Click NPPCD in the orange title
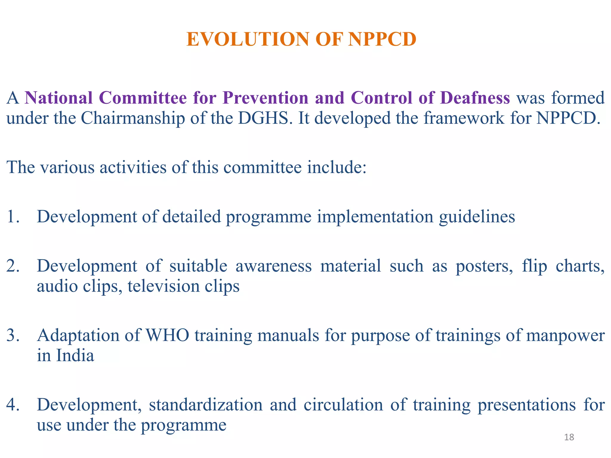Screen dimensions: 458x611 pos(382,39)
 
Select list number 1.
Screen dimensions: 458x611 pos(13,216)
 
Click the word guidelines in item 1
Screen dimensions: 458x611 pos(477,217)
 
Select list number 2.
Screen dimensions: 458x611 pos(13,266)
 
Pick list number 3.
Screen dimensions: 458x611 pos(13,335)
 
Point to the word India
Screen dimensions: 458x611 pos(75,355)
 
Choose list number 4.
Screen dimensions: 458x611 pos(13,405)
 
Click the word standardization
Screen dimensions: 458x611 pos(206,405)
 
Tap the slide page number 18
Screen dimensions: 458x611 pos(569,437)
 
